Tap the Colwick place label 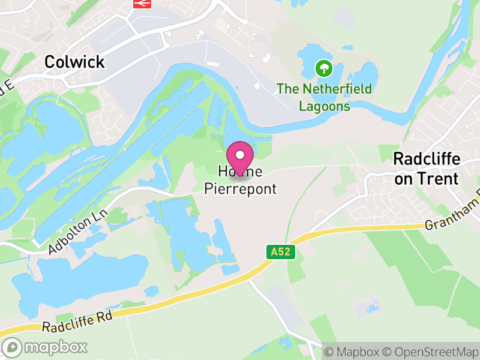pos(74,62)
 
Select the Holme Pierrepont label pos(241,180)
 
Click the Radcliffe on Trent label pos(426,169)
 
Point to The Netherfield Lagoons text pos(324,98)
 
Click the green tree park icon pos(324,67)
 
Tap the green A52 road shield pos(281,252)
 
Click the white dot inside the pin pos(240,155)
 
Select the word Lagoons pos(324,106)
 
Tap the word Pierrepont pos(241,189)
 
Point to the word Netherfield pos(334,89)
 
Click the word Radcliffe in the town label pos(426,160)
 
